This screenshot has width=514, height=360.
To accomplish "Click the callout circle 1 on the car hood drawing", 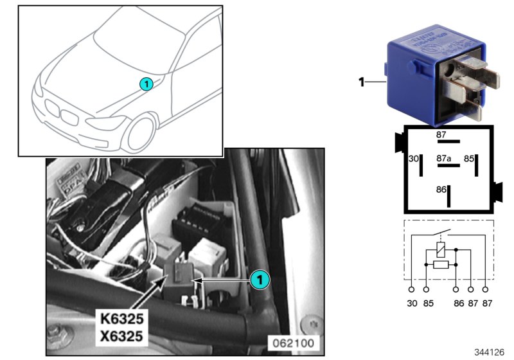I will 146,84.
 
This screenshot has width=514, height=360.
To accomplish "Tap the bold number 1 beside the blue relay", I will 361,82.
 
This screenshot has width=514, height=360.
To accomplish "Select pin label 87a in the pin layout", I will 443,157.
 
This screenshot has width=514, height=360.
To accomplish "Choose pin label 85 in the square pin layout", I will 469,158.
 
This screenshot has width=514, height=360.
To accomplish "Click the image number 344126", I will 490,352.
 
